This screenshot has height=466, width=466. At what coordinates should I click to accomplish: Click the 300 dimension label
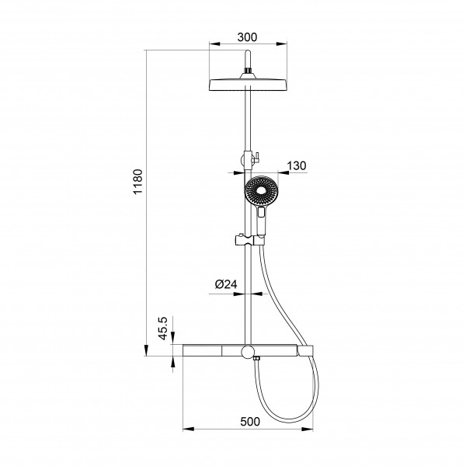tap(247, 37)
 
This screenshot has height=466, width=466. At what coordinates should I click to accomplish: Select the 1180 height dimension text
tap(138, 181)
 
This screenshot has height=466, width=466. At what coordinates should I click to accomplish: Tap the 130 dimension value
tap(297, 165)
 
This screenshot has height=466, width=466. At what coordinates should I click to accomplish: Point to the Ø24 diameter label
tap(226, 284)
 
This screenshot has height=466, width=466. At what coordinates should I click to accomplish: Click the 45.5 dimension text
tap(163, 329)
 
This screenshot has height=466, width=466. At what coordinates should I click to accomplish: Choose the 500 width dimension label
tap(250, 422)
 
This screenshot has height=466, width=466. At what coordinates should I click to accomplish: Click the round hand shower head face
tap(261, 190)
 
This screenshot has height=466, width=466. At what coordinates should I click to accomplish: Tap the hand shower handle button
tap(262, 212)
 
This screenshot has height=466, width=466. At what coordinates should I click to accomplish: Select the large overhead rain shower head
tap(249, 85)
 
